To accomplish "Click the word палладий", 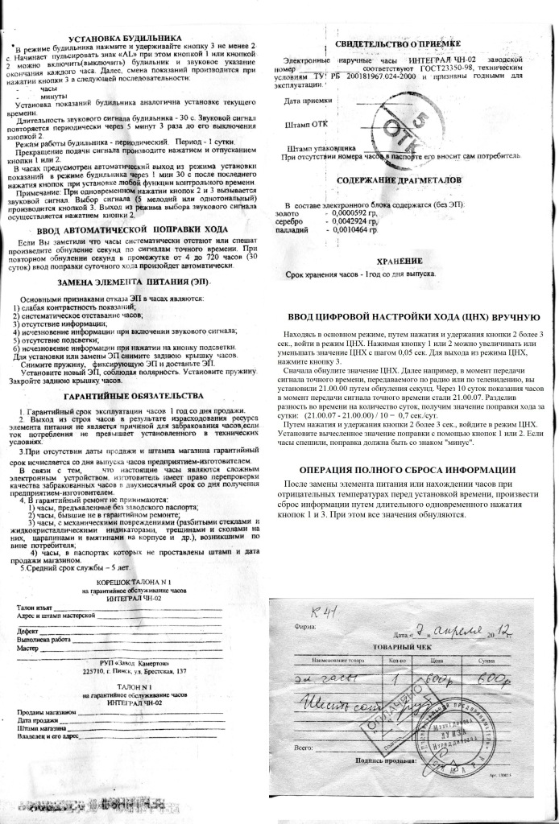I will pos(290,230).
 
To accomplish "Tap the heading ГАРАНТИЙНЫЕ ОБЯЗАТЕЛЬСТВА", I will pos(134,397).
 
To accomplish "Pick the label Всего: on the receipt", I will pos(304,748).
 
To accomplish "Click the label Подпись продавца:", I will pos(382,760).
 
